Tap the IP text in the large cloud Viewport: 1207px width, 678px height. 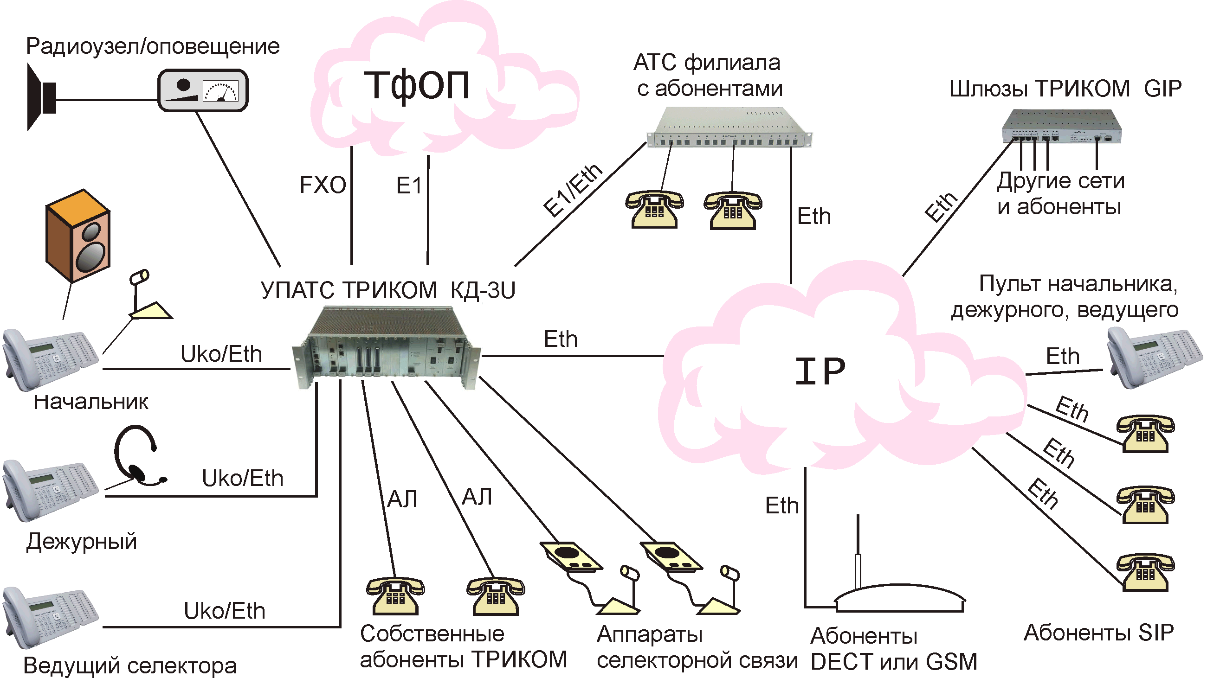tap(820, 371)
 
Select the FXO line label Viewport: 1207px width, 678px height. tap(323, 185)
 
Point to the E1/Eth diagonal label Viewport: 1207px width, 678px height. tap(573, 191)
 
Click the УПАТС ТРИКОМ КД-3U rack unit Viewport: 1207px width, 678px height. tap(386, 347)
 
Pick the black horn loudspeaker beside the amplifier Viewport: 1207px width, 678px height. tap(41, 97)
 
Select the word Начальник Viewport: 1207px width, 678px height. tap(91, 402)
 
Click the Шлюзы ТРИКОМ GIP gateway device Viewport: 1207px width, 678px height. tap(1062, 127)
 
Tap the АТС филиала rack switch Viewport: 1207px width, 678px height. tap(729, 128)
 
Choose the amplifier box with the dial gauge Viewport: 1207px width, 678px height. tap(202, 90)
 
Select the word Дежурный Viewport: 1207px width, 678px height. tap(82, 542)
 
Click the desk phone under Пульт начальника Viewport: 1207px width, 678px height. tap(1154, 358)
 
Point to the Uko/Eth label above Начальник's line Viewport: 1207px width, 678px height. tap(221, 354)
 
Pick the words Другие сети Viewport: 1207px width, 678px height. tap(1060, 181)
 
